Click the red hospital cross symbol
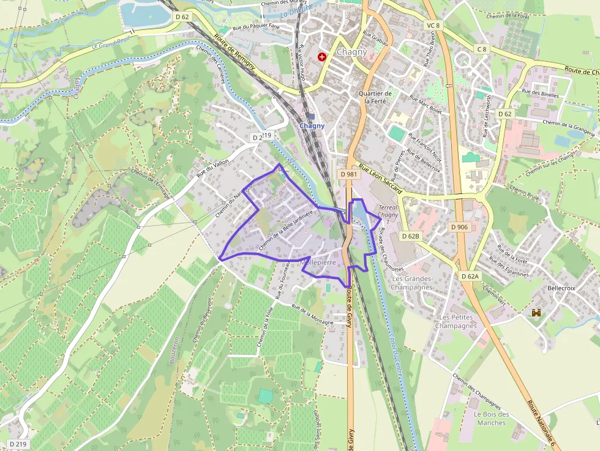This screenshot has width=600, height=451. click(322, 56)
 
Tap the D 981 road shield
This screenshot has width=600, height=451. click(348, 174)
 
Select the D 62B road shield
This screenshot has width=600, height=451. click(411, 236)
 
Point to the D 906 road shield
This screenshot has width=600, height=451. click(459, 227)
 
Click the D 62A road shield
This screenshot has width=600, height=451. click(470, 277)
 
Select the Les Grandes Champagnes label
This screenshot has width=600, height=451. click(411, 283)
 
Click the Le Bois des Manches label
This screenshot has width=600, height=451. click(491, 419)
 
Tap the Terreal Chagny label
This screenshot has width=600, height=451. click(388, 211)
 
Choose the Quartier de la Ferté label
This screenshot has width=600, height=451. click(375, 97)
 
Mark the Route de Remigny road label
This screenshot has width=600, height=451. click(234, 54)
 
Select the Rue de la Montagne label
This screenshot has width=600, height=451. click(312, 315)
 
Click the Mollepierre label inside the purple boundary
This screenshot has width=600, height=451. click(319, 262)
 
